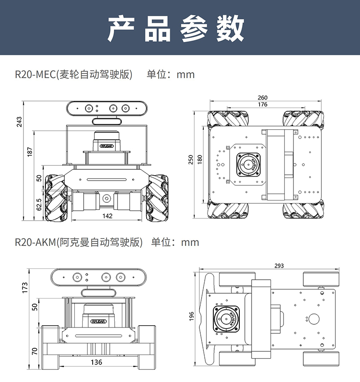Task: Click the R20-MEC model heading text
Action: (74, 74)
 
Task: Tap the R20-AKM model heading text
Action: (78, 242)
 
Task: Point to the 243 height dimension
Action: (19, 122)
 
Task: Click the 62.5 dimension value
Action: (39, 204)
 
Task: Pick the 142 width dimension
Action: (107, 216)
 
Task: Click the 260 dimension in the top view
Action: (263, 98)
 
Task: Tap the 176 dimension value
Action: (263, 105)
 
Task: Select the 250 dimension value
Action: (191, 160)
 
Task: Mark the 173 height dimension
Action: (25, 287)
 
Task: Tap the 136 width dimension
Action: (96, 362)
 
